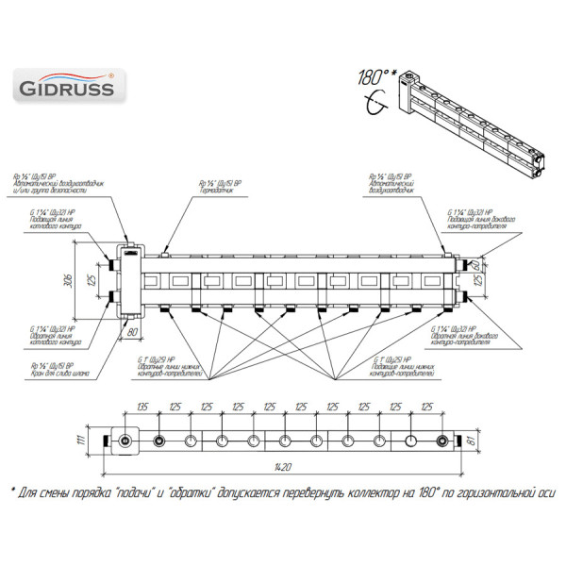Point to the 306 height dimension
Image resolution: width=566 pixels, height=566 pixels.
pyautogui.click(x=81, y=280)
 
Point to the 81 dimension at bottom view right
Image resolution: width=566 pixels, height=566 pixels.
pyautogui.click(x=484, y=439)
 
